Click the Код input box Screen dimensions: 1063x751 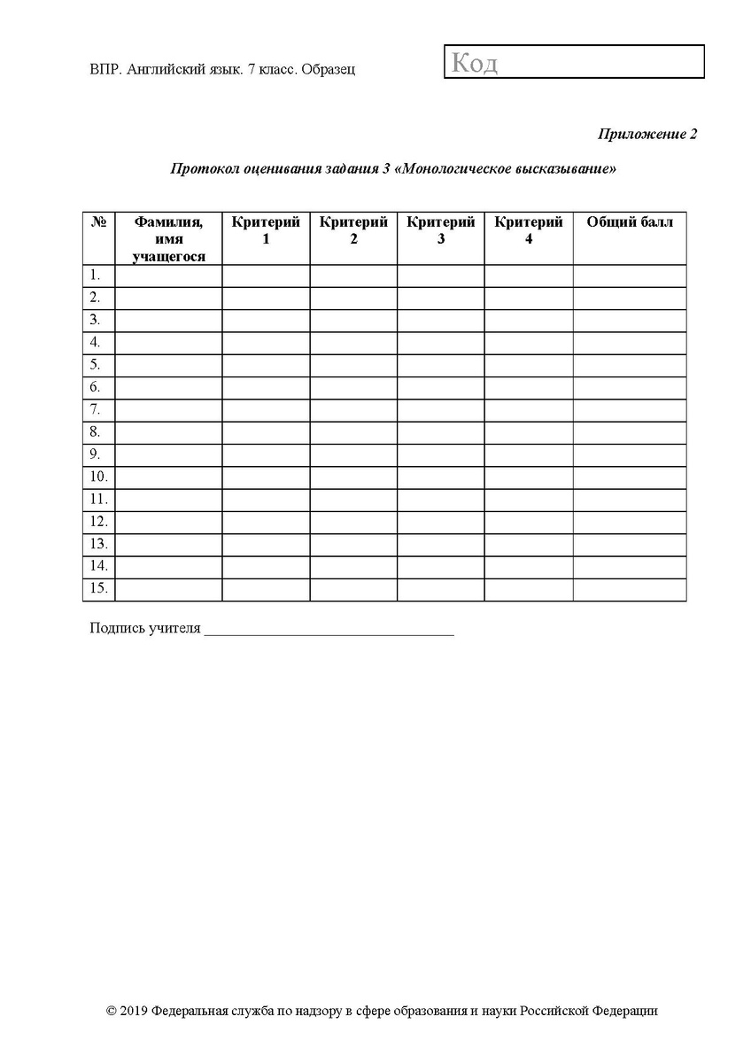pyautogui.click(x=574, y=62)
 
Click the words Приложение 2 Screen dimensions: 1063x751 pyautogui.click(x=647, y=134)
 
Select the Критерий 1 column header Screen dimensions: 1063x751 pyautogui.click(x=266, y=230)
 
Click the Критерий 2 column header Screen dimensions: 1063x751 pyautogui.click(x=353, y=230)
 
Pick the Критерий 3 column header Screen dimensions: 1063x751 pyautogui.click(x=441, y=230)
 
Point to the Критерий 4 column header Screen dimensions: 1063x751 pyautogui.click(x=529, y=230)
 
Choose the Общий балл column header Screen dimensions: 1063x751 pyautogui.click(x=630, y=222)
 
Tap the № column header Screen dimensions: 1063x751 pyautogui.click(x=99, y=222)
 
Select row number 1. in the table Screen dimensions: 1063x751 pyautogui.click(x=95, y=275)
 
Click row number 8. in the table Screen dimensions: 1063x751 pyautogui.click(x=95, y=432)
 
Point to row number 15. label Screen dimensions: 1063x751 pyautogui.click(x=98, y=589)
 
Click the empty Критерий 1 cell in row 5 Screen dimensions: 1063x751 pyautogui.click(x=266, y=365)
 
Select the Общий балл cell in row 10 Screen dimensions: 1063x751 pyautogui.click(x=630, y=477)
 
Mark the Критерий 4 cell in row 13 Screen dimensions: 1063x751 pyautogui.click(x=529, y=545)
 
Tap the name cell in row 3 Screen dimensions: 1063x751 pyautogui.click(x=168, y=320)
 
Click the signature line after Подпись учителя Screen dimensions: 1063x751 pyautogui.click(x=329, y=631)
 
